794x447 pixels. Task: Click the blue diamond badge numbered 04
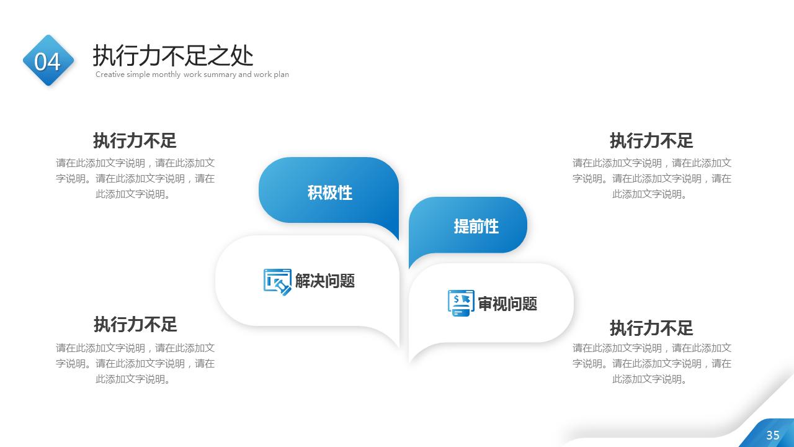tap(48, 61)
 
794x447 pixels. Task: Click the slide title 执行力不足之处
tap(173, 56)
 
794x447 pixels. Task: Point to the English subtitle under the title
tap(192, 74)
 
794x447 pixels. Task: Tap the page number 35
tap(772, 435)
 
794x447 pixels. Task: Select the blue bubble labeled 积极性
tap(329, 192)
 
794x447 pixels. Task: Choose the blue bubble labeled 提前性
tap(476, 226)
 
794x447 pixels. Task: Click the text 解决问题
tap(324, 281)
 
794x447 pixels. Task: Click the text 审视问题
tap(507, 304)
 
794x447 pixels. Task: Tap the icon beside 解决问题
tap(277, 281)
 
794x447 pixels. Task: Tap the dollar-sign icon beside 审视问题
tap(461, 303)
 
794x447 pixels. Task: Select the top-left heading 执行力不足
tap(135, 140)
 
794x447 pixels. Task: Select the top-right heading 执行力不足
tap(651, 140)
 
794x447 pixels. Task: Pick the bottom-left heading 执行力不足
tap(135, 324)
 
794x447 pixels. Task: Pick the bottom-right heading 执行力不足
tap(651, 328)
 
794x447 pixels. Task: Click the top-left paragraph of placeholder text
tap(135, 179)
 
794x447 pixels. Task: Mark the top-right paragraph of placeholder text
tap(651, 179)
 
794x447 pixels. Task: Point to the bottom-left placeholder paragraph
tap(135, 363)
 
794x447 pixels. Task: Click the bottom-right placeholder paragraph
tap(651, 363)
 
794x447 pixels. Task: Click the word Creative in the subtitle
tap(110, 74)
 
